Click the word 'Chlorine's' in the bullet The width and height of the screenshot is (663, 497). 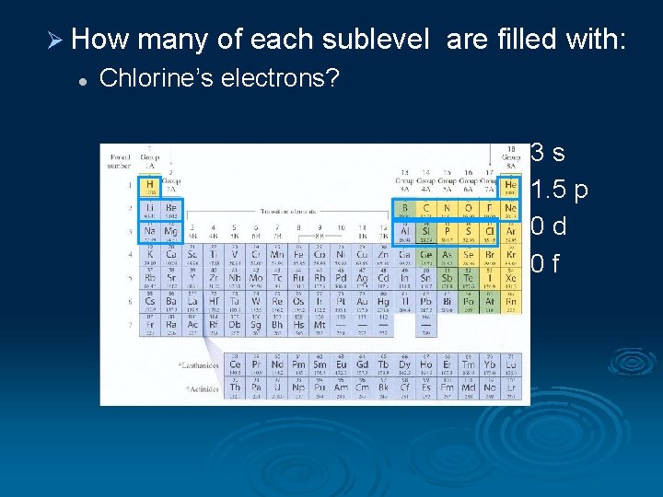click(x=148, y=78)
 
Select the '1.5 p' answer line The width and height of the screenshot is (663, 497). click(x=559, y=190)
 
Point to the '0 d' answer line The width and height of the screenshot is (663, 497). click(x=548, y=226)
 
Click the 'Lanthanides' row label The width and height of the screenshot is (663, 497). click(x=199, y=365)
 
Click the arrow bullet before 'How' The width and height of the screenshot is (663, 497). click(x=53, y=40)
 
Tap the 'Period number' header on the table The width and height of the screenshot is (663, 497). click(x=119, y=162)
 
